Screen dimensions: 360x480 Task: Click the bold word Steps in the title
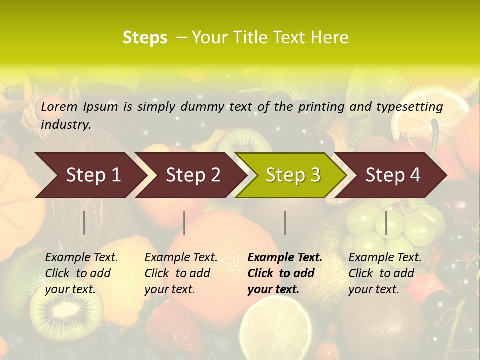[x=145, y=38]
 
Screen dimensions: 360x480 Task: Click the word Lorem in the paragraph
[x=59, y=106]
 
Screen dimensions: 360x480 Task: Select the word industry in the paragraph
[x=66, y=125]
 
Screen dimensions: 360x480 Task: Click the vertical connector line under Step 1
[x=84, y=223]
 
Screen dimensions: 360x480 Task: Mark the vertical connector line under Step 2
[x=184, y=223]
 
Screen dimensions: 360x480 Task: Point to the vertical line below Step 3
[x=285, y=223]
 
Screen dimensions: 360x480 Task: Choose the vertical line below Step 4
[x=386, y=223]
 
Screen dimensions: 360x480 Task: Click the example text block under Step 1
[x=81, y=273]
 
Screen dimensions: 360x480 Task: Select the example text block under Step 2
[x=181, y=273]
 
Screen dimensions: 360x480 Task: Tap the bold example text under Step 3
[x=285, y=273]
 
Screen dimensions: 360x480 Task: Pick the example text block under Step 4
[x=385, y=273]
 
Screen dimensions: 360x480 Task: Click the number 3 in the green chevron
[x=314, y=175]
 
